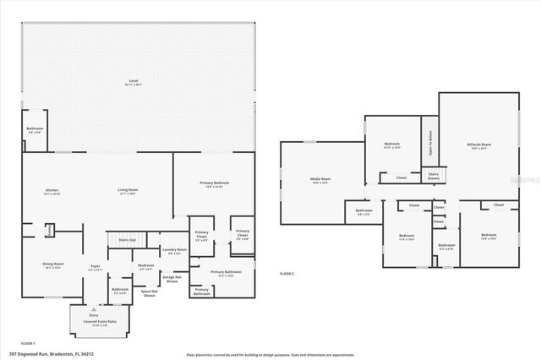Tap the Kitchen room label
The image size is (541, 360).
tap(52, 192)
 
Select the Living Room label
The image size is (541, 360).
tap(128, 192)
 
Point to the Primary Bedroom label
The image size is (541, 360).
tap(214, 185)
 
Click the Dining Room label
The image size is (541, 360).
tap(52, 265)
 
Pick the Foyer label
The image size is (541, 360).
tap(96, 268)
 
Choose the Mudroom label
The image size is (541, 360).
tap(145, 268)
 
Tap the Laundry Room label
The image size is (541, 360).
tap(175, 251)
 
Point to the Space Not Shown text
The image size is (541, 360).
tap(150, 293)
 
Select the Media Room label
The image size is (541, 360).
tap(320, 181)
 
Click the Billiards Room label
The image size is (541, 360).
tap(478, 145)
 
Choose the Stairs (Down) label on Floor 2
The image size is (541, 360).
tap(433, 177)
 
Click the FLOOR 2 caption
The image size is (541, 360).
tap(288, 274)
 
